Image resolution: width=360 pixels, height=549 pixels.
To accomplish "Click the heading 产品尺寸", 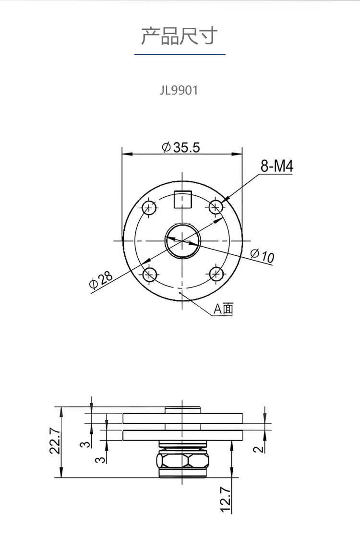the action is pyautogui.click(x=180, y=36).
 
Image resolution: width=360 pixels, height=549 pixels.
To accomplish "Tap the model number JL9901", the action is pyautogui.click(x=179, y=90).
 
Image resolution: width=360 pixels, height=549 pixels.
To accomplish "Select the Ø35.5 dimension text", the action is pyautogui.click(x=181, y=147).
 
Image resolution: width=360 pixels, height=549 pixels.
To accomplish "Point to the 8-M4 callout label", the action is pyautogui.click(x=276, y=166).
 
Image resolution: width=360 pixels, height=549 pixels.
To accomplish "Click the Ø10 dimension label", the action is pyautogui.click(x=263, y=255).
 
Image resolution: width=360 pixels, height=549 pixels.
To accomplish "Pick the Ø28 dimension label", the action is pyautogui.click(x=101, y=279).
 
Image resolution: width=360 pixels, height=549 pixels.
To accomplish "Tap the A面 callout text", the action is pyautogui.click(x=223, y=309).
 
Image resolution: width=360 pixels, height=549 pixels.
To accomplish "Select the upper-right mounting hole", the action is pyautogui.click(x=216, y=207).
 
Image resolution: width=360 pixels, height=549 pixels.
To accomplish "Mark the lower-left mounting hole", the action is pyautogui.click(x=150, y=274).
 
